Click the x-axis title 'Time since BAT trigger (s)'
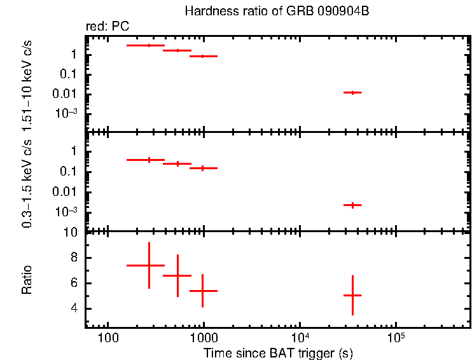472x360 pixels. pos(278,352)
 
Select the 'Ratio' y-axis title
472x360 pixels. pos(27,280)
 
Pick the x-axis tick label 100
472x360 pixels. pos(108,336)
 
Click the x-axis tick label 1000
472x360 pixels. pos(204,336)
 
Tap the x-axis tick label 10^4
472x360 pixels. pos(300,336)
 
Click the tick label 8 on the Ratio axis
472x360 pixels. pos(74,258)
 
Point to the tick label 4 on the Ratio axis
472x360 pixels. pos(74,308)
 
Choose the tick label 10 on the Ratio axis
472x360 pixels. pos(72,232)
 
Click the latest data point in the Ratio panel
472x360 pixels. pos(352,295)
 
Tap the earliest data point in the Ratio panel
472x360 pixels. pos(149,265)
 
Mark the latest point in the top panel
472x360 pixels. pos(352,92)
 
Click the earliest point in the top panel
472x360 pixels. pos(149,46)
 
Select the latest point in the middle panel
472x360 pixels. pos(352,205)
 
